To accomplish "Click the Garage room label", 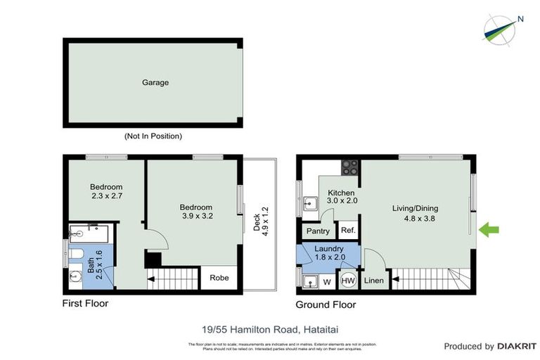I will click(x=155, y=83).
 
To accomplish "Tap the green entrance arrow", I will click(x=489, y=229).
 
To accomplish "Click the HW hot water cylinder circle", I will click(x=348, y=281).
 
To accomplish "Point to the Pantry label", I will click(x=319, y=231).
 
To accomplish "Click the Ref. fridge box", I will click(x=347, y=231).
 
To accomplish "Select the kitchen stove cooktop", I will click(x=349, y=169).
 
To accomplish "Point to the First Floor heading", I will click(x=85, y=304).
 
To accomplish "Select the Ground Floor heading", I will click(x=326, y=304).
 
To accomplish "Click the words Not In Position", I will click(x=153, y=136).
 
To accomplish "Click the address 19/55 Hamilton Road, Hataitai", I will click(x=270, y=328).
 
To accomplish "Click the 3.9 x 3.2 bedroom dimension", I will click(x=196, y=217).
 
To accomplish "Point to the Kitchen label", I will click(x=341, y=193).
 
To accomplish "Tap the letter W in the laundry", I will click(x=326, y=282).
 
